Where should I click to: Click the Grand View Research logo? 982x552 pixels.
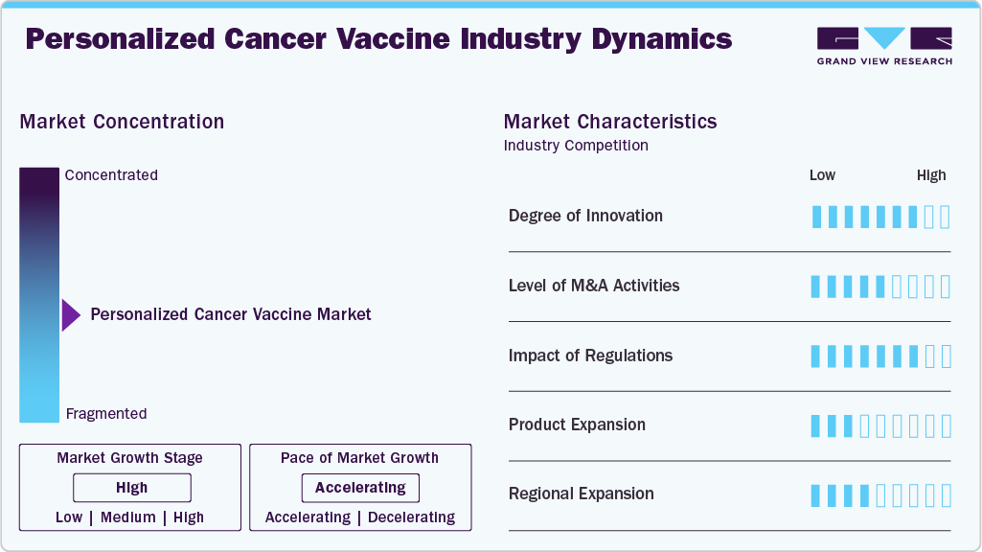[884, 46]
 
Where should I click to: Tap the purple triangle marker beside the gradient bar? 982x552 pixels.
[71, 315]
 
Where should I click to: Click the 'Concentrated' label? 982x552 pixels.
[111, 174]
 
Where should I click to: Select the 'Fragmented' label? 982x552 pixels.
[106, 414]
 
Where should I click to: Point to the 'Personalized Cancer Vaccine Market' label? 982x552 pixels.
[231, 314]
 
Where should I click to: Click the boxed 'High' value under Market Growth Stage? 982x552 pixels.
[132, 488]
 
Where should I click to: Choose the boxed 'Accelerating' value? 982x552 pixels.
[360, 488]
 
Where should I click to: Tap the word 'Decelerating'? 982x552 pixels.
[411, 517]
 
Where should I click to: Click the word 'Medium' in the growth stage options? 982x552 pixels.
[127, 517]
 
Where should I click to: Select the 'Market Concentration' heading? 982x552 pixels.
[122, 122]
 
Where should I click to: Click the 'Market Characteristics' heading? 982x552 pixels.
[610, 122]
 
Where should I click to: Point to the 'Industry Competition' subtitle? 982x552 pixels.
[576, 146]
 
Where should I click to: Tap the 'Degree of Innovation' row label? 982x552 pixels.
[585, 216]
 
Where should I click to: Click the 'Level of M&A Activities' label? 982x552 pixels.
[594, 286]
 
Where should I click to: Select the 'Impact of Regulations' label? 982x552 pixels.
[590, 356]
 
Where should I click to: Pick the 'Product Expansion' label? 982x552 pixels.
[577, 425]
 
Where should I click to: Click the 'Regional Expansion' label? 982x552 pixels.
[582, 494]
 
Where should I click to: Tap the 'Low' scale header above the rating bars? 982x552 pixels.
[822, 175]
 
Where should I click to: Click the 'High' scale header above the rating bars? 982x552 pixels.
[931, 175]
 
